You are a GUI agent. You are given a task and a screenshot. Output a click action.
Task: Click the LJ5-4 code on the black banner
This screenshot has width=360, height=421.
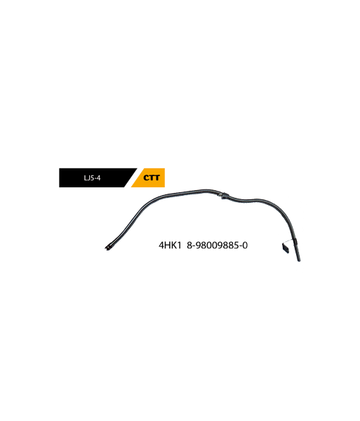(x=92, y=178)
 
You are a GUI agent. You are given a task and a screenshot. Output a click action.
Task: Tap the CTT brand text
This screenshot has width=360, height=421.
(x=152, y=178)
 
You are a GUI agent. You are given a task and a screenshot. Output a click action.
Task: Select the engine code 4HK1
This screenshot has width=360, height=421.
(x=171, y=246)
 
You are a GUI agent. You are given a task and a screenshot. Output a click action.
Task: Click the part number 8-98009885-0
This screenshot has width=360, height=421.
(x=217, y=246)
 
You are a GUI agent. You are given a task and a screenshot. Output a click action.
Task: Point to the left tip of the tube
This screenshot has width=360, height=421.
(x=106, y=248)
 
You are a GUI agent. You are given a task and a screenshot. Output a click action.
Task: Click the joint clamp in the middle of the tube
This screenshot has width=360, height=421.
(x=224, y=195)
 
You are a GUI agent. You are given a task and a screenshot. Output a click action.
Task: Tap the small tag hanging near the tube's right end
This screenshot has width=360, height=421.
(x=286, y=248)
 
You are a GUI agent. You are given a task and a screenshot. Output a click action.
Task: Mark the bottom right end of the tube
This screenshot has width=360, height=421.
(x=299, y=260)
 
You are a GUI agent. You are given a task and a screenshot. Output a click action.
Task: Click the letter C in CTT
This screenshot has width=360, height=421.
(x=147, y=178)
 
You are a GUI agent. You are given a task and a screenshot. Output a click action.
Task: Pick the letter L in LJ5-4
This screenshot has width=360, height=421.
(x=86, y=178)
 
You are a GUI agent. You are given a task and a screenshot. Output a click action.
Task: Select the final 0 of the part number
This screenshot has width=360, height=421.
(x=245, y=246)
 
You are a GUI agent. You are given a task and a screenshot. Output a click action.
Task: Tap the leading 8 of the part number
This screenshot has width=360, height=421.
(x=189, y=246)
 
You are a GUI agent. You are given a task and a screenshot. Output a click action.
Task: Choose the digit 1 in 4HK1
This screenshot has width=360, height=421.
(x=180, y=246)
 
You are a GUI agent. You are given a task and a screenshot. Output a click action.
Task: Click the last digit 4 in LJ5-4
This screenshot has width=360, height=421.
(x=98, y=178)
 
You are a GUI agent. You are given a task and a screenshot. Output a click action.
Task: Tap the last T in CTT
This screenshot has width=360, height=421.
(x=157, y=178)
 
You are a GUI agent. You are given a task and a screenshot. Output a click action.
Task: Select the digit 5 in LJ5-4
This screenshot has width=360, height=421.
(x=91, y=178)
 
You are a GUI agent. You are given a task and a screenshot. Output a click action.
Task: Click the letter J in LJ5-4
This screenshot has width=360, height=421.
(x=88, y=178)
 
